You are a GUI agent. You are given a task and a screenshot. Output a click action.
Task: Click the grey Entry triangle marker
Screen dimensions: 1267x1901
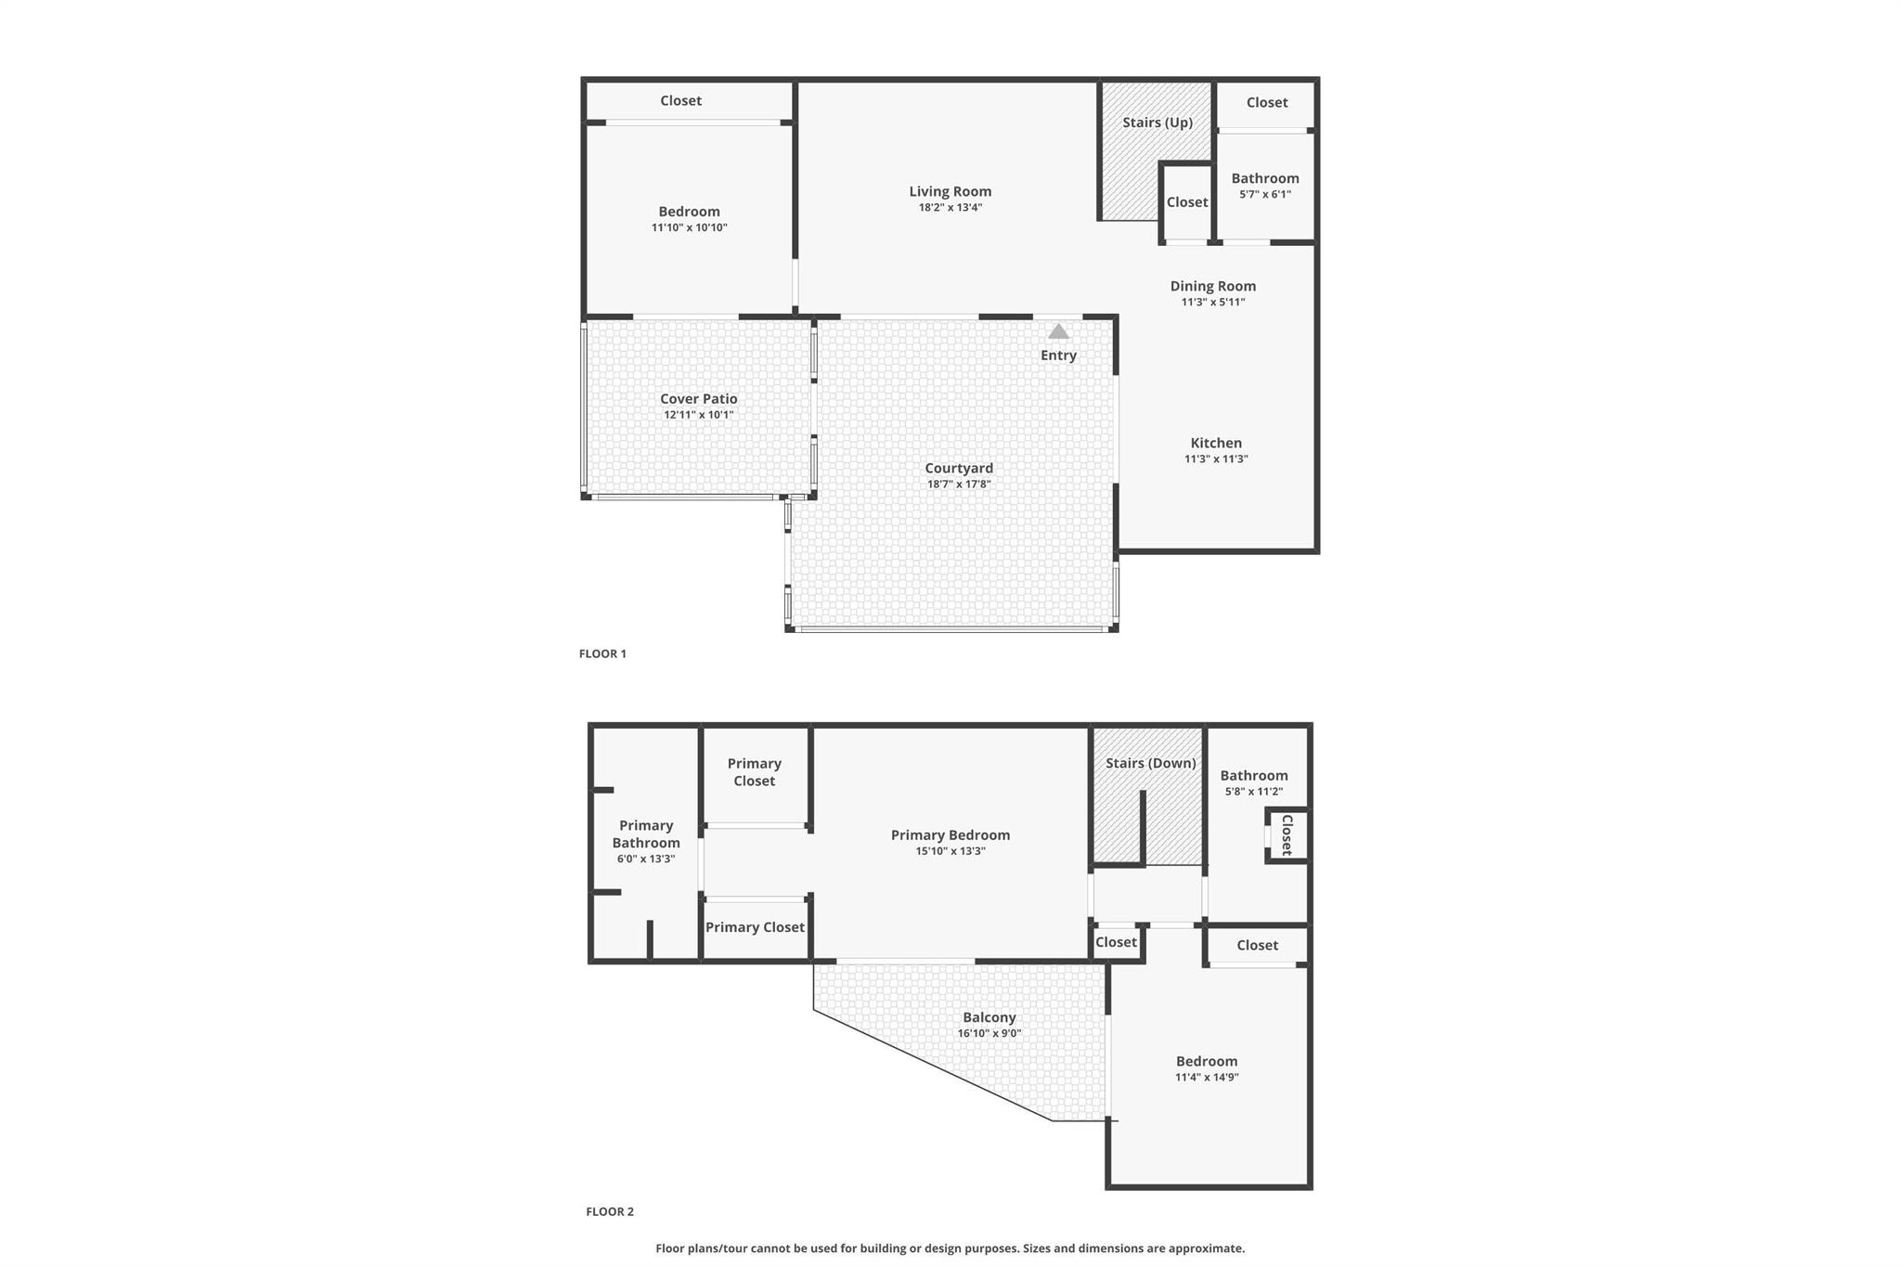(x=1058, y=332)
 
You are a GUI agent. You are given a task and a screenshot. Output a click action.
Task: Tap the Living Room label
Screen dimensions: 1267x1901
(x=950, y=191)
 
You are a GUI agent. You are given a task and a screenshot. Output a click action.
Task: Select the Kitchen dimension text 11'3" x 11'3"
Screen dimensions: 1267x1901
(x=1216, y=459)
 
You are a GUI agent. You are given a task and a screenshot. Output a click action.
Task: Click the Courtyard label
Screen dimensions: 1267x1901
(x=959, y=468)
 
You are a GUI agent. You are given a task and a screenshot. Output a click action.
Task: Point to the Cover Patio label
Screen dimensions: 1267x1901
(x=698, y=398)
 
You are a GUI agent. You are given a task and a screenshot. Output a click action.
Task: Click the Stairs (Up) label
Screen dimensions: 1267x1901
(x=1157, y=123)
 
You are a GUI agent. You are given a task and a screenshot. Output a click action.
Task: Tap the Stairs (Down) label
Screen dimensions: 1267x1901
(x=1150, y=763)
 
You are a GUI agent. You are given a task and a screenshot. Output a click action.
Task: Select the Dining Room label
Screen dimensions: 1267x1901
(x=1212, y=286)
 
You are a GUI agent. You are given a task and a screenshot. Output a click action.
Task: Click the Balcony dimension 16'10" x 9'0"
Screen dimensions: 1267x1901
(x=989, y=1033)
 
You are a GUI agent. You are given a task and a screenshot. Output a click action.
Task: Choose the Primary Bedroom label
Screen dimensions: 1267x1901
(x=950, y=834)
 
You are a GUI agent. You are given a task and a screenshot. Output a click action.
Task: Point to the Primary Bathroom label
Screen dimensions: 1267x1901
(x=646, y=834)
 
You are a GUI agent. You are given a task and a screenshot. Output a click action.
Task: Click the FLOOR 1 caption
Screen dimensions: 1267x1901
(x=602, y=653)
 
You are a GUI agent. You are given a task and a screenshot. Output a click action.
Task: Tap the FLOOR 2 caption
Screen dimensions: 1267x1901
(x=610, y=1211)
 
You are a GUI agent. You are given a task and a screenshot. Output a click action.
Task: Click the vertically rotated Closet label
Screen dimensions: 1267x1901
(x=1287, y=834)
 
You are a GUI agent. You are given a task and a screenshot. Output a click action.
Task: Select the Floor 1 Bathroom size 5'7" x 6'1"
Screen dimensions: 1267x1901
(x=1264, y=194)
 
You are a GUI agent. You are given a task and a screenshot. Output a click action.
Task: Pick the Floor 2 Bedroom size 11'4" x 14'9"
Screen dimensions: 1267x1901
(x=1207, y=1077)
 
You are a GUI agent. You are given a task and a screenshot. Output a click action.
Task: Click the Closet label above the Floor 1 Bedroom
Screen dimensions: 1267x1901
(x=680, y=100)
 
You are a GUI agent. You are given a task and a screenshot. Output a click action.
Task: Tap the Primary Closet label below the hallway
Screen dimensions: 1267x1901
(x=755, y=926)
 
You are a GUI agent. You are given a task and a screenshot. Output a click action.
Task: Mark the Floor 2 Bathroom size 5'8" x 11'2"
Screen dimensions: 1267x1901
(x=1253, y=791)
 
